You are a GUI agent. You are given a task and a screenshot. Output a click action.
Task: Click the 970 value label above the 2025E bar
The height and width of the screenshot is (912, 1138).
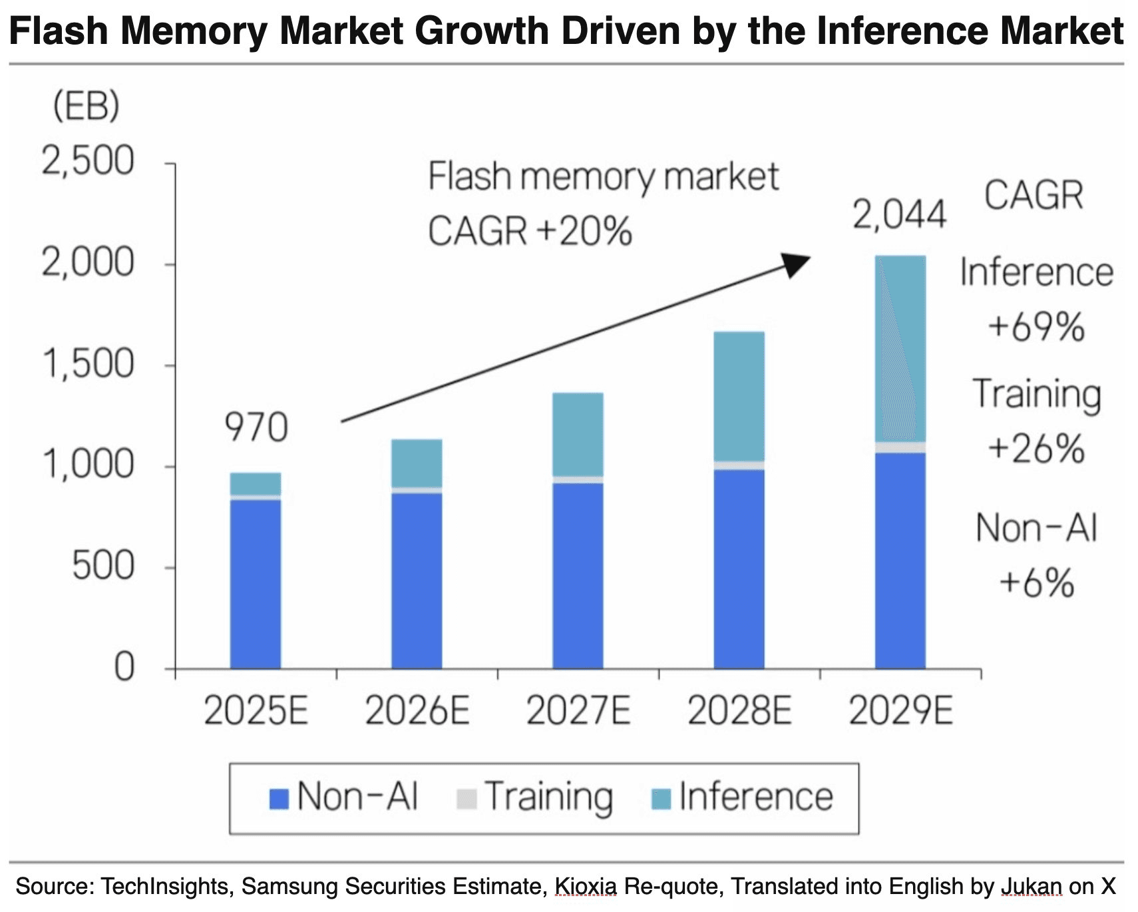pos(256,427)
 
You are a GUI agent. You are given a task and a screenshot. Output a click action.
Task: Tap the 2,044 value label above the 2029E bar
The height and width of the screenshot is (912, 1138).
pos(899,215)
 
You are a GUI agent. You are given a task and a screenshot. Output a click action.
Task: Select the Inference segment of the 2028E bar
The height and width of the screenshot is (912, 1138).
pos(739,396)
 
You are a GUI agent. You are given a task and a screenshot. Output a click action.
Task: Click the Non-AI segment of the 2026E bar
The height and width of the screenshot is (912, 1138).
pos(417,579)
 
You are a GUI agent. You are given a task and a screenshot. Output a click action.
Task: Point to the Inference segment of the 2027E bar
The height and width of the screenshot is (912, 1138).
pos(578,434)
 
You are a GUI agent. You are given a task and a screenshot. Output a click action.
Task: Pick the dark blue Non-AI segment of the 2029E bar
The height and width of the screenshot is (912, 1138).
pos(900,559)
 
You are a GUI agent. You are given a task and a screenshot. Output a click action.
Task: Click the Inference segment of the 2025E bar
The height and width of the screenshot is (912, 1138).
pos(256,484)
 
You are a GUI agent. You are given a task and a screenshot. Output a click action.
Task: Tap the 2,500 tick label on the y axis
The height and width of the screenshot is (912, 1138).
pos(88,161)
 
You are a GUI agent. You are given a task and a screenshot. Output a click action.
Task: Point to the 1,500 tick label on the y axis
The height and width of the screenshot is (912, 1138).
pos(88,364)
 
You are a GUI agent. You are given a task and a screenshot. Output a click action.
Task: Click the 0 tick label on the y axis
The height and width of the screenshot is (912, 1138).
pos(124,666)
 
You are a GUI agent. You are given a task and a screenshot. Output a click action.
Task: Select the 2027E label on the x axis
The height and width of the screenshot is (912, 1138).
pos(578,711)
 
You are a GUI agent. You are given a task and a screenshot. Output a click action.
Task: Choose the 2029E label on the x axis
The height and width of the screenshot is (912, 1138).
pos(900,711)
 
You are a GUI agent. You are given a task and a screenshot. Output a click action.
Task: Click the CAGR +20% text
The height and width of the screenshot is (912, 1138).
pos(529,232)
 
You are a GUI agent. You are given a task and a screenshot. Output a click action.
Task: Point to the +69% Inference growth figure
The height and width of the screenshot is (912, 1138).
pos(1036,327)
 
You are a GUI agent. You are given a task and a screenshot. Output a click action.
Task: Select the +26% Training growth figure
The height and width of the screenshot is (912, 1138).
pos(1036,448)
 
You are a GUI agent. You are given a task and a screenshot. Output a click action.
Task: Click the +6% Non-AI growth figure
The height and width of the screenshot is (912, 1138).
pos(1036,582)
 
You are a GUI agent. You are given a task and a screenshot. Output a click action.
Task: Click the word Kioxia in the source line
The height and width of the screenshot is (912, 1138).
pos(585,887)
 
